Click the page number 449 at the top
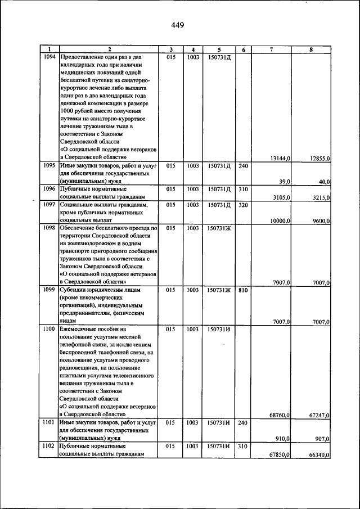coord(178,25)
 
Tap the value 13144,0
coord(280,159)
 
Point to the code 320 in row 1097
coord(243,205)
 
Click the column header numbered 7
coord(271,49)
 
